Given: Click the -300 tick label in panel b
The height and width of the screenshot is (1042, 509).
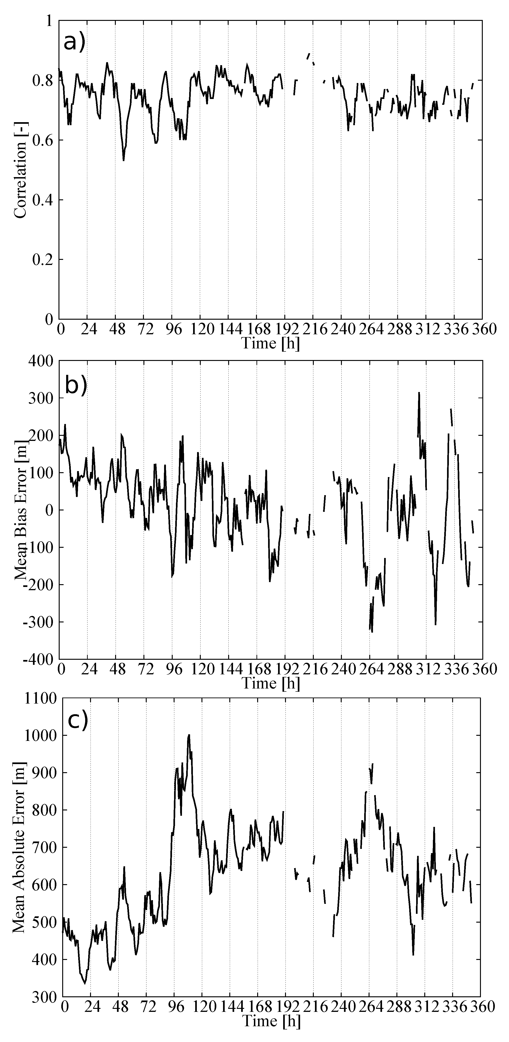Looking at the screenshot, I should coord(39,622).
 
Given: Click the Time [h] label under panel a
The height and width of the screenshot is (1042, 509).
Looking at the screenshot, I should coord(270,343).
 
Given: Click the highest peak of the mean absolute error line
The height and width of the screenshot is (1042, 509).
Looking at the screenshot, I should coord(189,735).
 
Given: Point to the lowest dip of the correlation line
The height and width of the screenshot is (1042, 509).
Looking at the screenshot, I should coord(123,161).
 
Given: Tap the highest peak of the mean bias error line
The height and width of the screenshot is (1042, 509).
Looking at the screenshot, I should coord(419,392).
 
